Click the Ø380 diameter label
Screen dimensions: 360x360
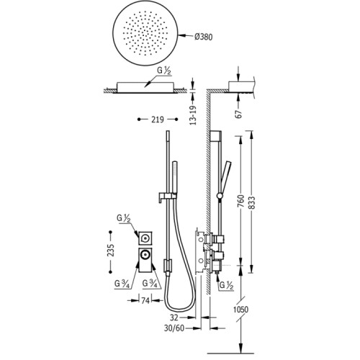(203, 37)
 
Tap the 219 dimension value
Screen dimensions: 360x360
(158, 120)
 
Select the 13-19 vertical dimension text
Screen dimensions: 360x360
(193, 115)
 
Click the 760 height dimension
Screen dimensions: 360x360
(240, 201)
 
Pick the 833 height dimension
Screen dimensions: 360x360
(252, 203)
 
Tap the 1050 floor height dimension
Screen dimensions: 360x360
(240, 310)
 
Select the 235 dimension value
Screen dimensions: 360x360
(111, 251)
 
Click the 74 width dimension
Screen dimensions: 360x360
(145, 300)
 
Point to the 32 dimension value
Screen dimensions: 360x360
(174, 318)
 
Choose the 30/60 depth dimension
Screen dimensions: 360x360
(174, 328)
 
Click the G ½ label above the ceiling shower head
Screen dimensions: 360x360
(164, 71)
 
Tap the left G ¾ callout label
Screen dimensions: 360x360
(122, 284)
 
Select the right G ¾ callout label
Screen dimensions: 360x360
(150, 284)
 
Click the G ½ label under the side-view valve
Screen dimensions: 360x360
(227, 285)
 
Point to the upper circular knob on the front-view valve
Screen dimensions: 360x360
(145, 238)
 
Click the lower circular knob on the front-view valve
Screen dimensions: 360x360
(145, 254)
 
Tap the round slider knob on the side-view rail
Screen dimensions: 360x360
(220, 196)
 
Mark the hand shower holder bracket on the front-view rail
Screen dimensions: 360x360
(168, 197)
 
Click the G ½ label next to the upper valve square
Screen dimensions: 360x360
(124, 219)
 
